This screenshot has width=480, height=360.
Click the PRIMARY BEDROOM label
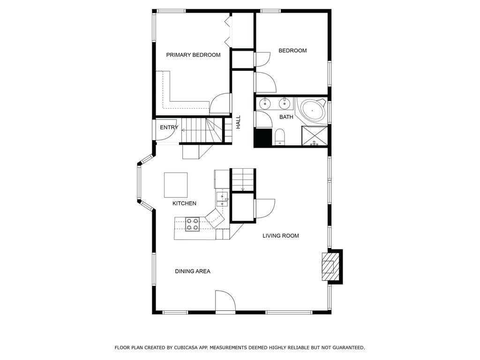tap(193, 55)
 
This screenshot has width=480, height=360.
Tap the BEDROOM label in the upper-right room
tap(292, 51)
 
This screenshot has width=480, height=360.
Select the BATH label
tap(286, 117)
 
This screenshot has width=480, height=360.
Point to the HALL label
tap(238, 122)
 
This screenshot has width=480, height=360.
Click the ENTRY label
tap(169, 127)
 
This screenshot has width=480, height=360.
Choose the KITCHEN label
tap(184, 203)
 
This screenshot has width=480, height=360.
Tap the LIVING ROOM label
tap(281, 236)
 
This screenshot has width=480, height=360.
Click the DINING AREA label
tap(193, 271)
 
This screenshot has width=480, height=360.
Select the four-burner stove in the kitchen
tap(193, 224)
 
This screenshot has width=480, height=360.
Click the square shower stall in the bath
tap(315, 135)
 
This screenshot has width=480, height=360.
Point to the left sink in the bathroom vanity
tap(264, 104)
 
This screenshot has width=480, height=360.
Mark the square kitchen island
tap(176, 185)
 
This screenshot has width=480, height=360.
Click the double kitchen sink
tap(222, 199)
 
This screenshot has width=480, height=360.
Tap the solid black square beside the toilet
tap(263, 137)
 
